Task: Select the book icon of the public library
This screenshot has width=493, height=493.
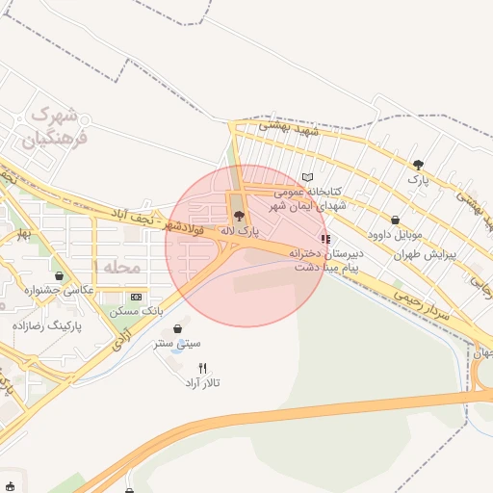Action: (307, 177)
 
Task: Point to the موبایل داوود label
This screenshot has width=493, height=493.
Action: (395, 234)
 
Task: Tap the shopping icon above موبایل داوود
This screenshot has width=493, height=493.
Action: (396, 220)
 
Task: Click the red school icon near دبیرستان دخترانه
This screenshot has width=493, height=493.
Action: (325, 239)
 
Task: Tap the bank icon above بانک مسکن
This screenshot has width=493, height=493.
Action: (136, 297)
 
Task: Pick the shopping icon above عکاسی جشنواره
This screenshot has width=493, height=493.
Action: (61, 275)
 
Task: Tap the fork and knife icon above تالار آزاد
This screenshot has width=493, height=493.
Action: (202, 368)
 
